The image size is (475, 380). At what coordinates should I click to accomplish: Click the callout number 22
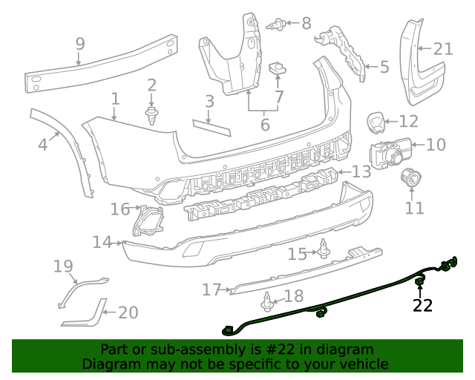422,305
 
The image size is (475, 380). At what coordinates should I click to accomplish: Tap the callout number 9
80,45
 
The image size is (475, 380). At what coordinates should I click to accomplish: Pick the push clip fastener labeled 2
152,115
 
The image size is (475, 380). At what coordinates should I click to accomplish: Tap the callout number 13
361,172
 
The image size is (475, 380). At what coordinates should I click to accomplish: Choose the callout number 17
212,289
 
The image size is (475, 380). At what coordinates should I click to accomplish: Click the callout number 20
128,312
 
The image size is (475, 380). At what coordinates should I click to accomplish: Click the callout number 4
43,144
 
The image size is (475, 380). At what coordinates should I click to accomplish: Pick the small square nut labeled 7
278,68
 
